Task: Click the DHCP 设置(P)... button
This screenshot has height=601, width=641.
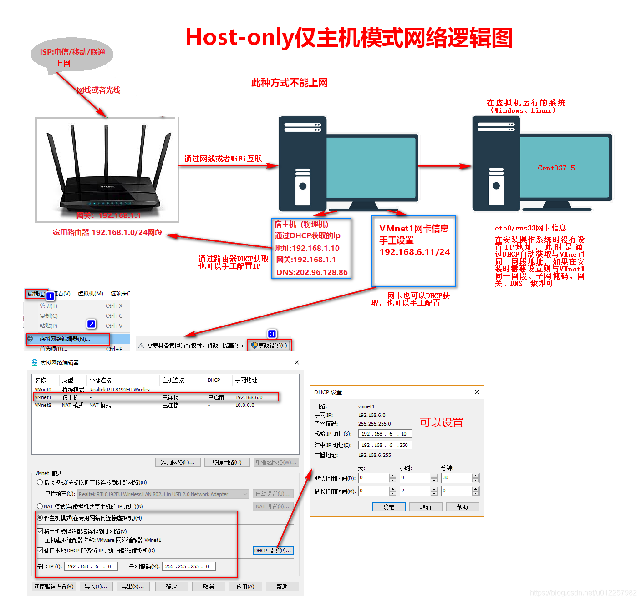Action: pyautogui.click(x=273, y=551)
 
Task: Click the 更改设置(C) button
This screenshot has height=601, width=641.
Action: pyautogui.click(x=270, y=346)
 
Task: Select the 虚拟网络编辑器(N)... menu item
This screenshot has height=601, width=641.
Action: pyautogui.click(x=65, y=339)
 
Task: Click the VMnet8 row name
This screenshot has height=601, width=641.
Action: pyautogui.click(x=43, y=405)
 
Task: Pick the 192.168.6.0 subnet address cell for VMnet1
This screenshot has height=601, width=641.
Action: pyautogui.click(x=249, y=397)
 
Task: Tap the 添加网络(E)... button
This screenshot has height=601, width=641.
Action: pyautogui.click(x=178, y=462)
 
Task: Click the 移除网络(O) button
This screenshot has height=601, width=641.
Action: pyautogui.click(x=227, y=462)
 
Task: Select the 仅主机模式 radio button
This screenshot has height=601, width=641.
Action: pyautogui.click(x=40, y=518)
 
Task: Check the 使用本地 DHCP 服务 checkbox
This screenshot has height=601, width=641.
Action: pyautogui.click(x=40, y=551)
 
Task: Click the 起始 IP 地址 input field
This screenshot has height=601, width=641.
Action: pyautogui.click(x=385, y=434)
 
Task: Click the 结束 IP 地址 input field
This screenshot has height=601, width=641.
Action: pyautogui.click(x=385, y=445)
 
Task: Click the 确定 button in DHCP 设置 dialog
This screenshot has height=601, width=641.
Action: pyautogui.click(x=388, y=507)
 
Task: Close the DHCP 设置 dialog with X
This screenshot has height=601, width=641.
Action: pyautogui.click(x=477, y=392)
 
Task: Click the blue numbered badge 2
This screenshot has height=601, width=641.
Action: pyautogui.click(x=92, y=324)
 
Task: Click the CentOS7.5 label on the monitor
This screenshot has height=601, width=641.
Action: pyautogui.click(x=556, y=168)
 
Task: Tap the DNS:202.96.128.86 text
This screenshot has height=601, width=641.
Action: pyautogui.click(x=312, y=272)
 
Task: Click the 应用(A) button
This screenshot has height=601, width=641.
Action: pyautogui.click(x=245, y=586)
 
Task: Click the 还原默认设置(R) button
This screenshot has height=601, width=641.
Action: pyautogui.click(x=54, y=586)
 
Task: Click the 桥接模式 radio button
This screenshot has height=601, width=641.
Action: pyautogui.click(x=40, y=482)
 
